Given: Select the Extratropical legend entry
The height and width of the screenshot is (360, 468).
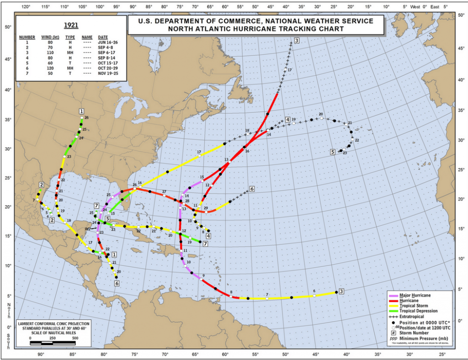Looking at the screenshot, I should [x=415, y=317].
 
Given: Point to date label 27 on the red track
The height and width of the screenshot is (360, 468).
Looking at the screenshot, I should [x=164, y=191].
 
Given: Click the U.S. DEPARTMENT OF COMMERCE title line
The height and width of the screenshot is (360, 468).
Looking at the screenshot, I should [x=250, y=21].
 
